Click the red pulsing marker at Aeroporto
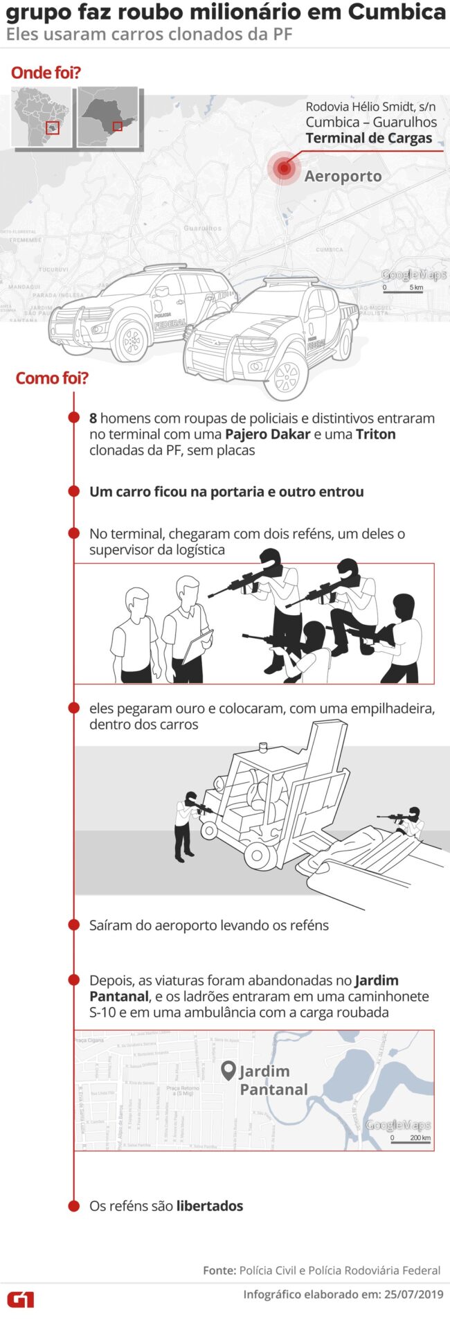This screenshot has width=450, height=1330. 283,168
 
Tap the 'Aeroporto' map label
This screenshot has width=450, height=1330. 343,176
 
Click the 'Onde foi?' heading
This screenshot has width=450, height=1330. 46,73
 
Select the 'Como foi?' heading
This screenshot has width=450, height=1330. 52,378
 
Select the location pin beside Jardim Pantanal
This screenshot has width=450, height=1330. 228,1071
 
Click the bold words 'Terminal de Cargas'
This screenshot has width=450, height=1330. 368,138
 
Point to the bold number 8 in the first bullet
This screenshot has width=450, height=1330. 93,418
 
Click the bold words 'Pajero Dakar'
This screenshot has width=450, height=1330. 267,434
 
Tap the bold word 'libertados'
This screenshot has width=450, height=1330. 210,1206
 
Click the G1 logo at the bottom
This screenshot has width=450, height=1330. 21,1299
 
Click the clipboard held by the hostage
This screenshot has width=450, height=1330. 198,645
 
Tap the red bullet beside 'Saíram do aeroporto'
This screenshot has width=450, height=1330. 74,925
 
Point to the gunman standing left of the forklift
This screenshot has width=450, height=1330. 186,824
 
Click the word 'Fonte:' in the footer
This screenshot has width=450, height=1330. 219,1270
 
